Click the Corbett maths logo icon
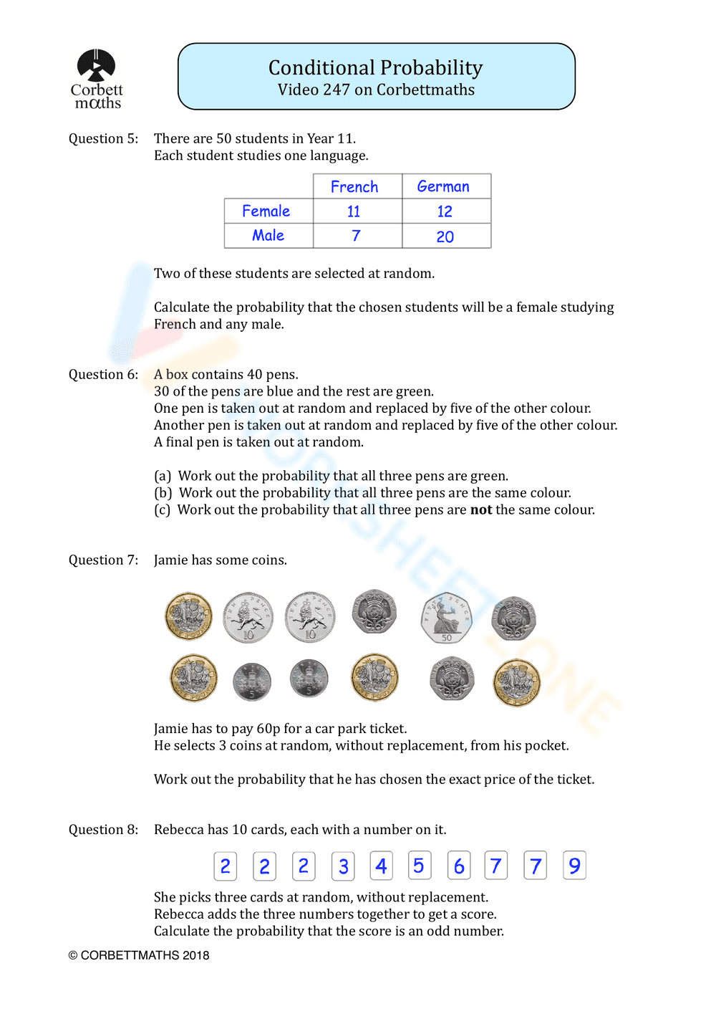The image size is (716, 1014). click(96, 66)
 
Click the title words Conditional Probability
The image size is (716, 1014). click(375, 67)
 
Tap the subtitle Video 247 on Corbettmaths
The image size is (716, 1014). click(376, 90)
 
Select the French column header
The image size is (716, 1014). click(354, 186)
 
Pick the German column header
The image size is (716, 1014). click(443, 186)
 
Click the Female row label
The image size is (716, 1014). click(266, 211)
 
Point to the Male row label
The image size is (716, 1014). click(268, 235)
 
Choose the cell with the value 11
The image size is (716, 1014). click(354, 211)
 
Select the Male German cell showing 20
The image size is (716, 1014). click(445, 236)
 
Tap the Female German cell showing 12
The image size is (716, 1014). click(445, 211)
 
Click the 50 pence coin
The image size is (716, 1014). click(447, 617)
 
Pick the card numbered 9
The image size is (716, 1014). click(574, 866)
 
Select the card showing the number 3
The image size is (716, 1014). click(343, 866)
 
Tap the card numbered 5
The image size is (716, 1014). click(419, 865)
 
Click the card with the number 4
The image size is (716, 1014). click(381, 866)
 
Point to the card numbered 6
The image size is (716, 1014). click(458, 866)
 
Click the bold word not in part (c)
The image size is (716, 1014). click(481, 510)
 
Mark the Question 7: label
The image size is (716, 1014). click(103, 560)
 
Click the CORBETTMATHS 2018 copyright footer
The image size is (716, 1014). click(139, 955)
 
